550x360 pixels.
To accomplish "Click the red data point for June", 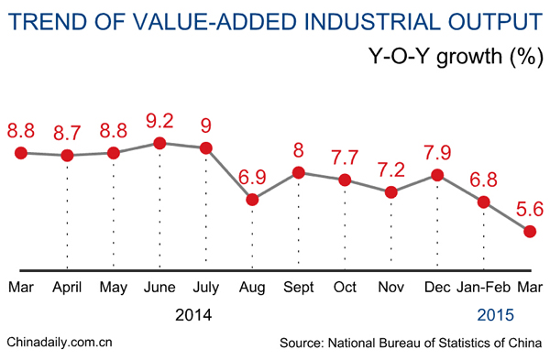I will (159, 143).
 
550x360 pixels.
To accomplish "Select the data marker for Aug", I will (252, 199).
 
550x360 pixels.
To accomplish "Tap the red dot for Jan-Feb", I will (484, 202).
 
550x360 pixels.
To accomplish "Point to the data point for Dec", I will (437, 175).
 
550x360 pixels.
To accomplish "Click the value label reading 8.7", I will (67, 132).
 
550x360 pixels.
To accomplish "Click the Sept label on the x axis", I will (299, 288).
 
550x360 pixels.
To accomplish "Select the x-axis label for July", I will (206, 288).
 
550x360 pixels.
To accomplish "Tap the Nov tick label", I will (391, 288).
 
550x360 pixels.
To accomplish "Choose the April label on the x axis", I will (67, 288).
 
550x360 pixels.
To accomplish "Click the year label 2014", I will (193, 315).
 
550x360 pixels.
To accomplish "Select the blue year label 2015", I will (495, 315).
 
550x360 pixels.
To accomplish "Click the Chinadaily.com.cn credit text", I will (59, 344).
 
